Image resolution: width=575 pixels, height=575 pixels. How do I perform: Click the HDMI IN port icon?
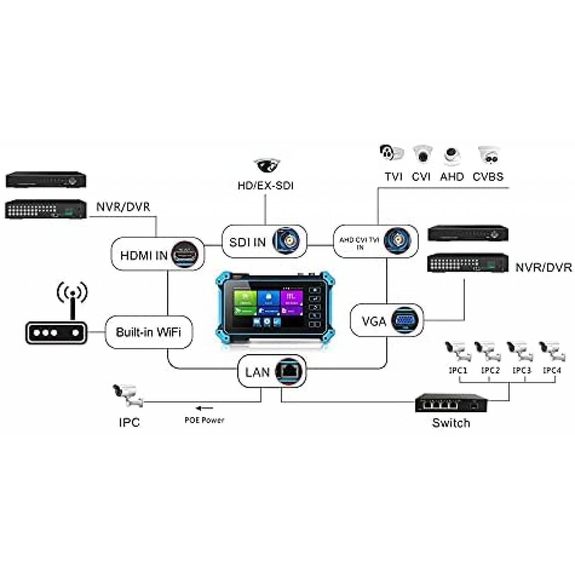coord(185,254)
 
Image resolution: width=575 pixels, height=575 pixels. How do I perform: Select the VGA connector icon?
coord(404,320)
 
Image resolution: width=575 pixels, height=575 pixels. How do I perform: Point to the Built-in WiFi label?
coord(148,332)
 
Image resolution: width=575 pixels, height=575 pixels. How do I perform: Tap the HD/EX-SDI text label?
coord(265,185)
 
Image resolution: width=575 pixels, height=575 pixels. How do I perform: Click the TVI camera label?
coord(394,177)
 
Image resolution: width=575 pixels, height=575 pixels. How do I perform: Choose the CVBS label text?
coord(488,177)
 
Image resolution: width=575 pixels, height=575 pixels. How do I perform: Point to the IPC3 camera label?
coord(521,370)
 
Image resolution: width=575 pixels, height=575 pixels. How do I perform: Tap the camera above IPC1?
coord(457,351)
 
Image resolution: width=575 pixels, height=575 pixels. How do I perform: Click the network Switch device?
coord(451,403)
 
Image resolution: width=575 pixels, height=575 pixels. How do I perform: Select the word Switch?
coord(451,423)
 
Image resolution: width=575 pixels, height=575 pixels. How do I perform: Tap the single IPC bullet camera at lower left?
coord(127,395)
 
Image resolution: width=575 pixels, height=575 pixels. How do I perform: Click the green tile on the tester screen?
coord(245,298)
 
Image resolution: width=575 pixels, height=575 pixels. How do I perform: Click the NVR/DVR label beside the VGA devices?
coord(543,267)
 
